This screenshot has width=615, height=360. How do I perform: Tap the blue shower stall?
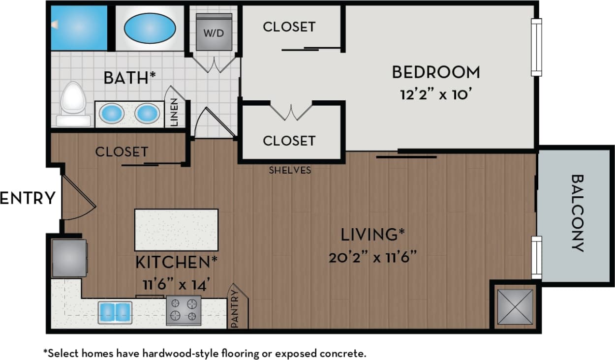tap(79, 28)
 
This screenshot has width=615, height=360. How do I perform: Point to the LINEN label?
tap(175, 113)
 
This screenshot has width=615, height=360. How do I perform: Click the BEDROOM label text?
tap(435, 72)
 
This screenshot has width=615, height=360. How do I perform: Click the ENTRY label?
tap(28, 198)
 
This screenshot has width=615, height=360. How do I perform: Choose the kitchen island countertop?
tap(176, 229)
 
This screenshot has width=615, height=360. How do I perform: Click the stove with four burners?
tap(184, 310)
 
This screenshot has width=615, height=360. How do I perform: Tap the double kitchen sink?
tap(115, 312)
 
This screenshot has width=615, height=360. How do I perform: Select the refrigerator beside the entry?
tap(69, 258)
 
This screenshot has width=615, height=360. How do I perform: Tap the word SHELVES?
tap(290, 170)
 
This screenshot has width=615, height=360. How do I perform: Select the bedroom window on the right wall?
tap(536, 47)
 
